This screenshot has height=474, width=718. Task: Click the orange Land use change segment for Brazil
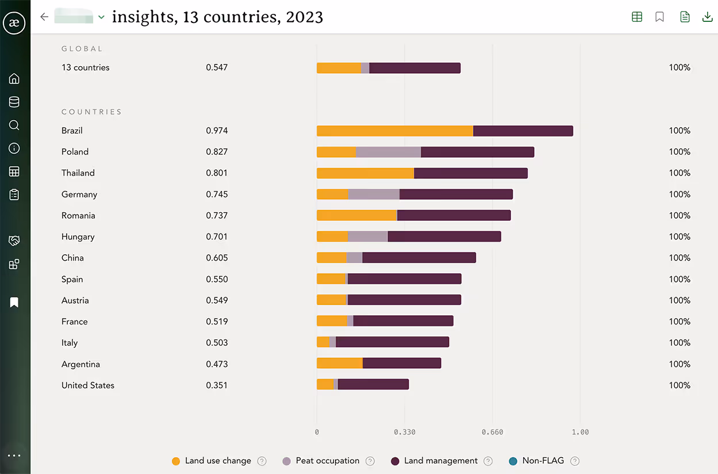point(394,131)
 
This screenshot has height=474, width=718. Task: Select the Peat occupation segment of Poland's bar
point(388,152)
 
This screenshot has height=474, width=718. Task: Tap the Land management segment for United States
point(373,384)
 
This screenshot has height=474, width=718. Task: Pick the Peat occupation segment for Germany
point(374,194)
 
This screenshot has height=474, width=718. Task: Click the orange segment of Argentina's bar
point(339,363)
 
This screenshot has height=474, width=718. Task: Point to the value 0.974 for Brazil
point(217,131)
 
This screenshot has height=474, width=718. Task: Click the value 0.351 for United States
point(217,385)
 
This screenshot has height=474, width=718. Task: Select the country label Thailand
point(78,173)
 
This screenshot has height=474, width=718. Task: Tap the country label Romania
point(78,216)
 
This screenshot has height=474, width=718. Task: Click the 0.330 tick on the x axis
point(404,432)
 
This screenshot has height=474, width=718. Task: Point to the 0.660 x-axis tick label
point(492,432)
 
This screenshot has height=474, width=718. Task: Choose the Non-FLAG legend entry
point(543,461)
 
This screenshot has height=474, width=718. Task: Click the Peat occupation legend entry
point(327,461)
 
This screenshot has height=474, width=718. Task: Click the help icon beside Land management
point(488,461)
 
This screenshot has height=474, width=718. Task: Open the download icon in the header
point(708,17)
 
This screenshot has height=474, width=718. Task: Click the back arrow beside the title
point(44,17)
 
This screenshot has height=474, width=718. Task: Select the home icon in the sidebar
point(14,79)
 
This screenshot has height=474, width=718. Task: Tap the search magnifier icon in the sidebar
point(14,125)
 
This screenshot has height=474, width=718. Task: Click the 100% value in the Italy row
point(679,343)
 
